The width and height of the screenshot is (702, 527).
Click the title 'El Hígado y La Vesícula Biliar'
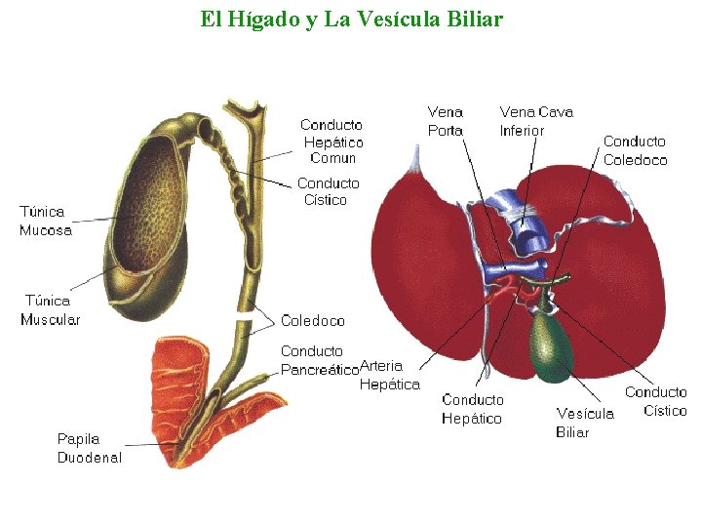click(351, 19)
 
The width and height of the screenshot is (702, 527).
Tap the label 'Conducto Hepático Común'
click(331, 142)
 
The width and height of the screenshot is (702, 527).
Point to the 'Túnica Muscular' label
click(51, 310)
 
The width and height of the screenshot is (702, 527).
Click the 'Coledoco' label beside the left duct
click(312, 320)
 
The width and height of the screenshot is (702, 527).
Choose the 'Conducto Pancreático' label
click(318, 360)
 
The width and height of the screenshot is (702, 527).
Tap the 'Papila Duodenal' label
click(89, 449)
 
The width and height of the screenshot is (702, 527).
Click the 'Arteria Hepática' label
click(390, 376)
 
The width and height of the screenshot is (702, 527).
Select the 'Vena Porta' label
click(446, 121)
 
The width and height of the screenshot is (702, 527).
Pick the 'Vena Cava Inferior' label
click(536, 121)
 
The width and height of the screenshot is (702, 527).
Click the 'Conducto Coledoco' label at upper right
click(635, 151)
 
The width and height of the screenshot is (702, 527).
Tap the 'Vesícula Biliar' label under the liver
click(585, 423)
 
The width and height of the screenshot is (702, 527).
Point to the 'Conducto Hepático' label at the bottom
click(473, 409)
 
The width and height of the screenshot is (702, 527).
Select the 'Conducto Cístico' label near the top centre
click(328, 191)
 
